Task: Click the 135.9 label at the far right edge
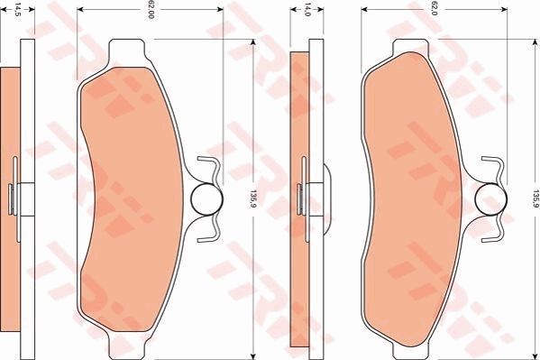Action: coord(534,198)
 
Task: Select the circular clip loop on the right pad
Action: coord(490,198)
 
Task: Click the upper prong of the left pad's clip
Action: coord(209,164)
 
